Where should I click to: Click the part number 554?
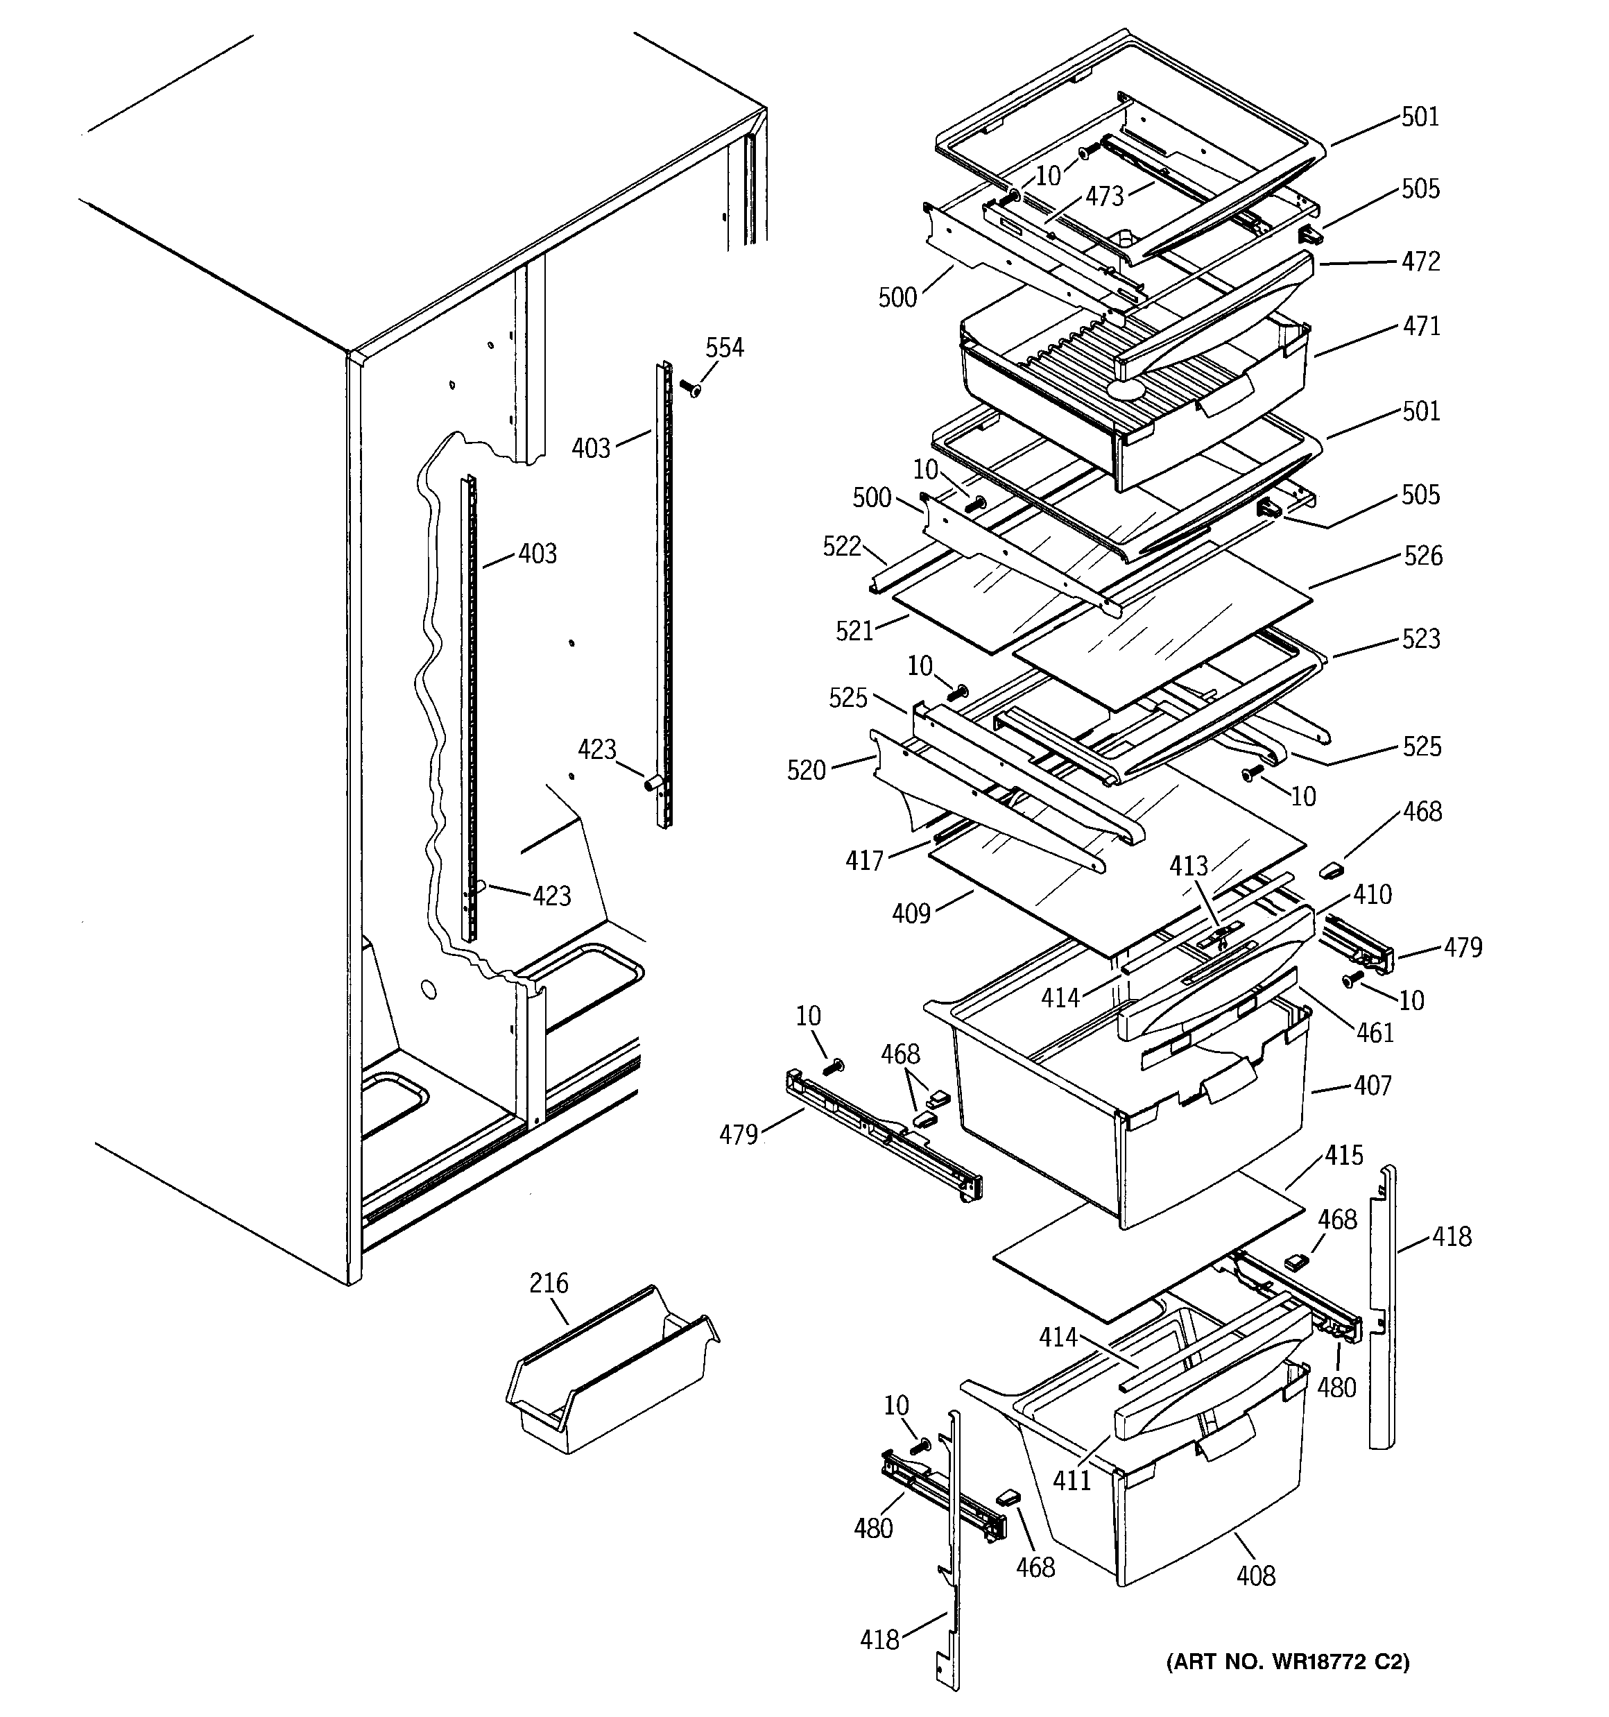click(724, 348)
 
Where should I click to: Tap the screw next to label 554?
click(690, 388)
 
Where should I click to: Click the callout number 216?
click(549, 1283)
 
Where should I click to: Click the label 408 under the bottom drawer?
click(1255, 1576)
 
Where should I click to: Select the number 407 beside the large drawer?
click(1373, 1085)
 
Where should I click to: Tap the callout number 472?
click(1421, 262)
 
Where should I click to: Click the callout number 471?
click(1421, 327)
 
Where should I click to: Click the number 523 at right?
click(1421, 639)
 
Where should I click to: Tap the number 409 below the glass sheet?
click(911, 913)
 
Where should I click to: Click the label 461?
click(1375, 1032)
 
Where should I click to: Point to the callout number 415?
click(1344, 1156)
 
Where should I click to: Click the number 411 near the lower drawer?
click(1071, 1480)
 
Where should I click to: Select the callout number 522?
click(841, 546)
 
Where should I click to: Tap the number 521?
click(854, 631)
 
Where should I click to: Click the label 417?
click(865, 860)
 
